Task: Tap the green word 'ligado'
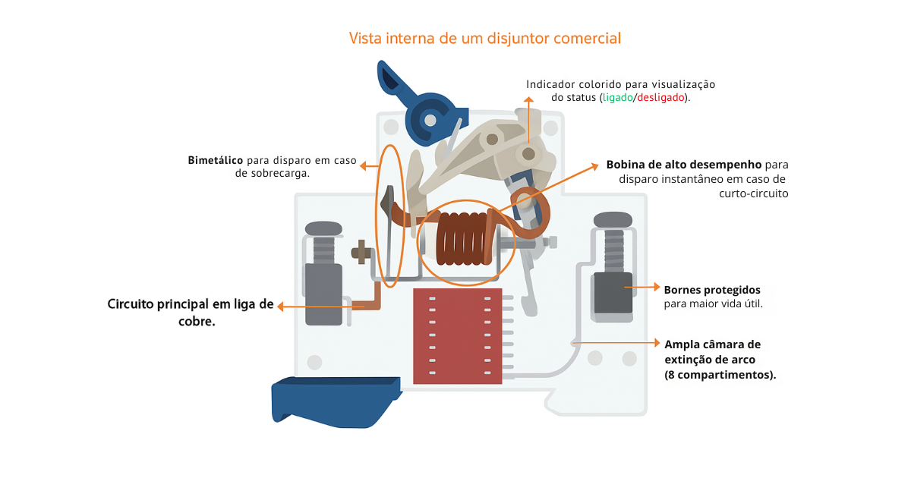tap(617, 99)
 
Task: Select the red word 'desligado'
tap(660, 99)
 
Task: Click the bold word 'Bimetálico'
tap(216, 160)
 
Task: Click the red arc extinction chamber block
tap(457, 335)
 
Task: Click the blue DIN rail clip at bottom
tap(334, 398)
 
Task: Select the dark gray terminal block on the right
tap(612, 292)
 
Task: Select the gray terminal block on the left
tap(323, 294)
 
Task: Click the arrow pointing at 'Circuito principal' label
tap(288, 307)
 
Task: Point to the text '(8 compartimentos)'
tap(720, 375)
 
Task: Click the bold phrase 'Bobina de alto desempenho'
tap(683, 164)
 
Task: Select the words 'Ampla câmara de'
tap(712, 344)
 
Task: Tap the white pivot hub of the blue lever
tap(430, 120)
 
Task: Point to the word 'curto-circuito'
tap(754, 193)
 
